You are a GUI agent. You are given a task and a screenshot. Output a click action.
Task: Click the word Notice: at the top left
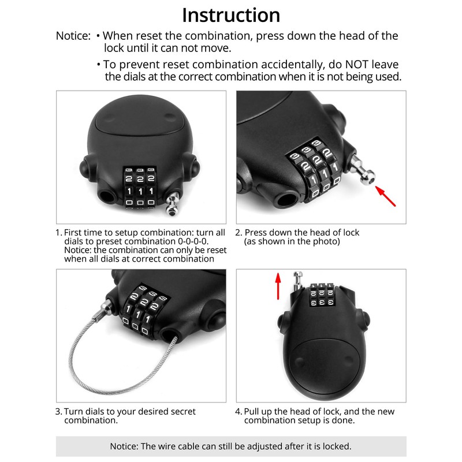click(73, 36)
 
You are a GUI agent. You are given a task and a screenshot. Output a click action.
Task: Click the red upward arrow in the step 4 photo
click(278, 286)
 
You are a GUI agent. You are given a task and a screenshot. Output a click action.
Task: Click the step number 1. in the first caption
click(58, 232)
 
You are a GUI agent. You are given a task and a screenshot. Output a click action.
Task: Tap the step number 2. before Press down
click(239, 232)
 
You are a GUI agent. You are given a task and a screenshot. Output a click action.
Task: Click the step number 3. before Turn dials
click(58, 411)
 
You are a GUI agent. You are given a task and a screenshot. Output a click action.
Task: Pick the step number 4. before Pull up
click(239, 411)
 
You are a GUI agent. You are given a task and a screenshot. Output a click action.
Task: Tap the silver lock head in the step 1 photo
click(171, 205)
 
